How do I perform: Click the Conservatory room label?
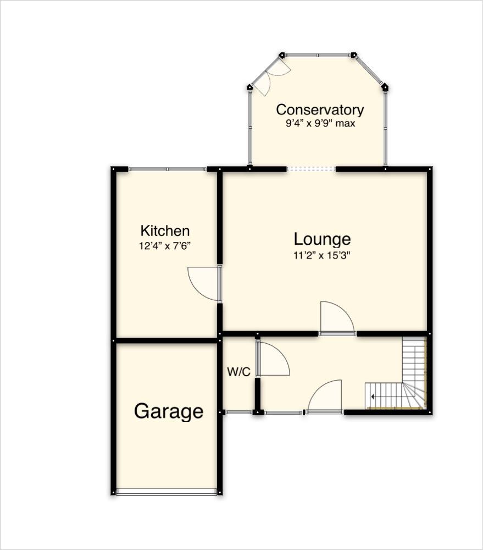click(319, 109)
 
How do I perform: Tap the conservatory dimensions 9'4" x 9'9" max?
click(319, 123)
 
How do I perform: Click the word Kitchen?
click(165, 230)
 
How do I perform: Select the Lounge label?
click(322, 239)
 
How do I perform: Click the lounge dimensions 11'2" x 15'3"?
click(322, 255)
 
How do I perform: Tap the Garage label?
click(169, 411)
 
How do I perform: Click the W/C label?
click(238, 372)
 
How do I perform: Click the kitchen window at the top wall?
click(168, 169)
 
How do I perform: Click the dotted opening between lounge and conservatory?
click(311, 169)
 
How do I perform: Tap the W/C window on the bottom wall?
click(239, 412)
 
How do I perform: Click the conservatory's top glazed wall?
click(318, 55)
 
